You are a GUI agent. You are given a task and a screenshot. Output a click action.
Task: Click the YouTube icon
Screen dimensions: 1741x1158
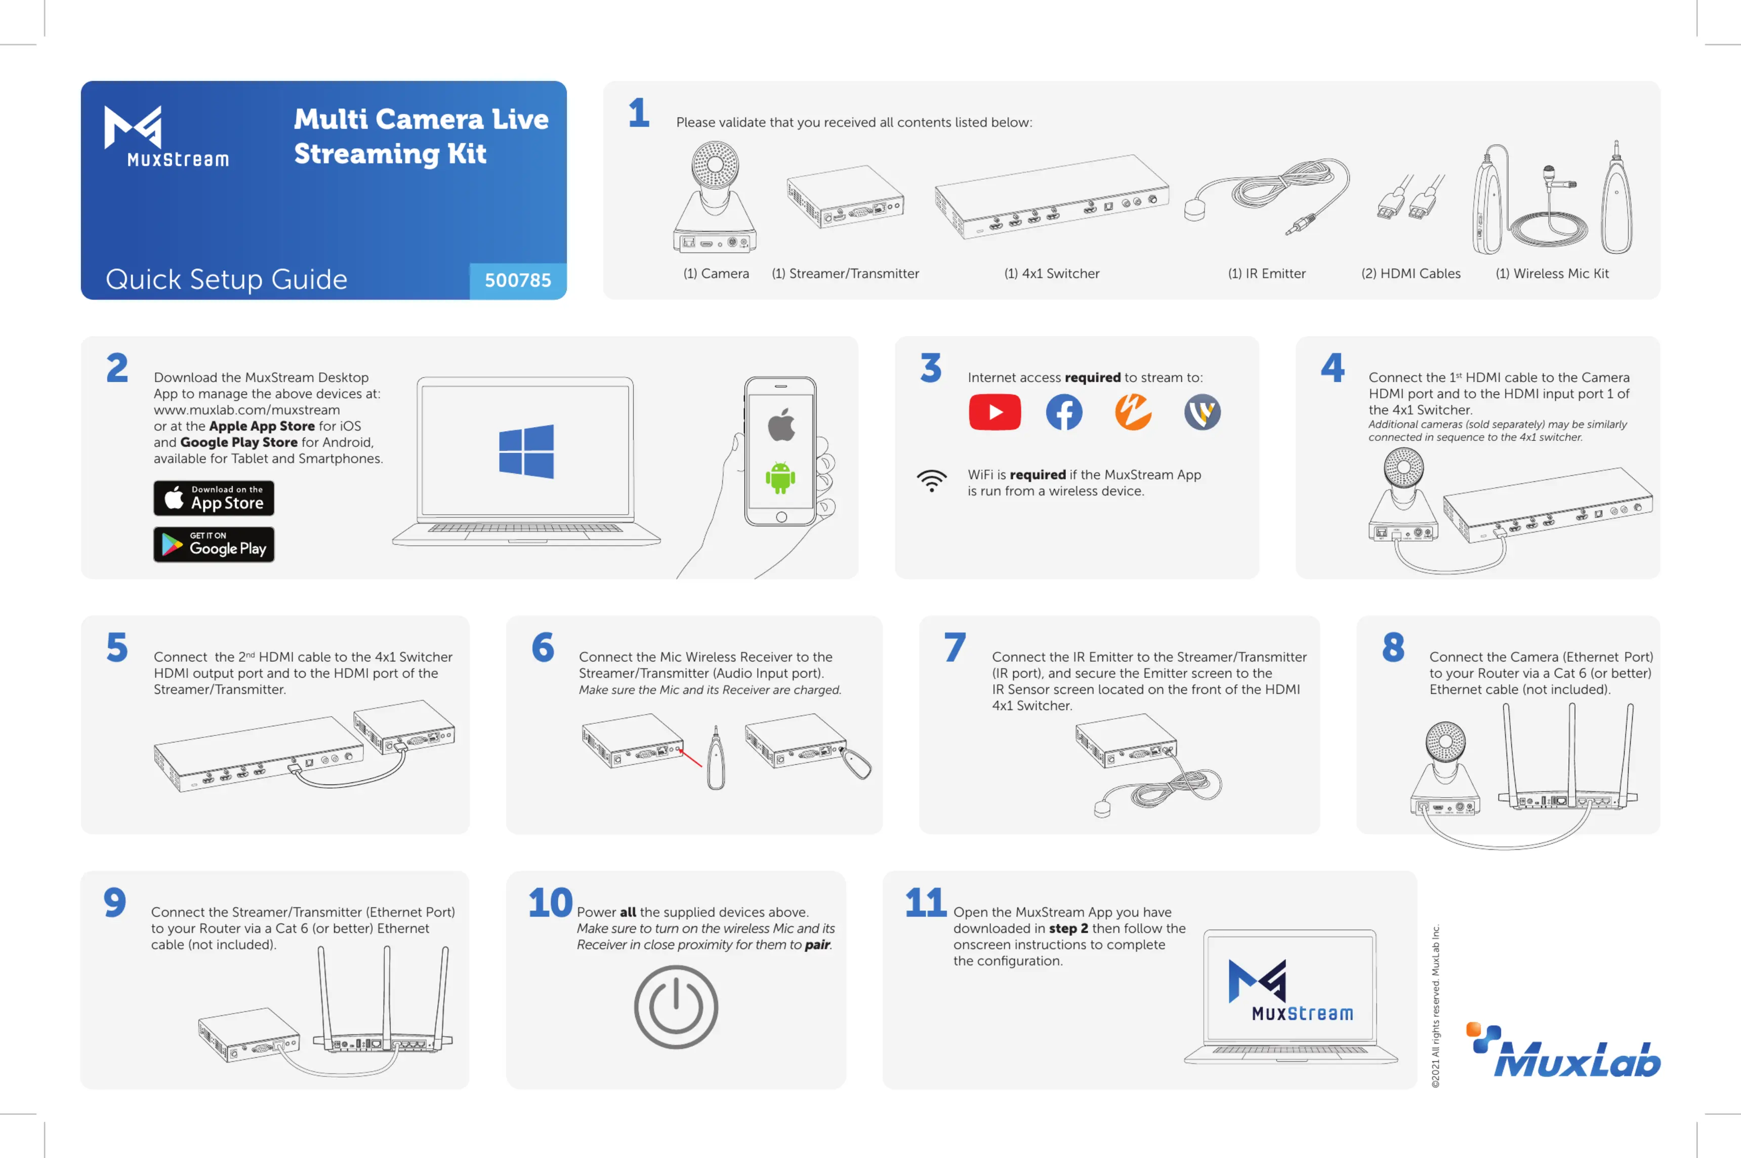(x=994, y=412)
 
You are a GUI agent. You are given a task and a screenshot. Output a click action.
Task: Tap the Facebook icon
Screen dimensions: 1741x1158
(x=1064, y=412)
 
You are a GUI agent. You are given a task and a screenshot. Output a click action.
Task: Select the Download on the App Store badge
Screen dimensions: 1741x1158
(x=214, y=499)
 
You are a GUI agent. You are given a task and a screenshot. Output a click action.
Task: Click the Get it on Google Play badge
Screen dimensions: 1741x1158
(x=214, y=544)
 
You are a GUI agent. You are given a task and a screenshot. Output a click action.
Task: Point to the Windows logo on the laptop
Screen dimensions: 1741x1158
(x=526, y=451)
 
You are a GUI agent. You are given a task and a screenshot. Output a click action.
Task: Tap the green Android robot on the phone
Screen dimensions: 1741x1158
(x=780, y=477)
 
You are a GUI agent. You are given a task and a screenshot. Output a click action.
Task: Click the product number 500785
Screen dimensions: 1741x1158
(x=518, y=280)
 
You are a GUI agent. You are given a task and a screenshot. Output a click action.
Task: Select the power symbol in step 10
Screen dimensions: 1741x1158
(x=676, y=1007)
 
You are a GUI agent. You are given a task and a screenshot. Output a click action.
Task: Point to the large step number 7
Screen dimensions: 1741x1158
(x=954, y=648)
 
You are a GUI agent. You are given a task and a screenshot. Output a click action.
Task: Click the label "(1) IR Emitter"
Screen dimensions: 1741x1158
(x=1266, y=274)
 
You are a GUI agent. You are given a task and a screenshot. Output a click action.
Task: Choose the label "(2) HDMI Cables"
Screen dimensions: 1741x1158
(x=1410, y=274)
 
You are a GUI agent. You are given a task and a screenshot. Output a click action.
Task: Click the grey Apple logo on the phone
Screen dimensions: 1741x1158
(x=781, y=425)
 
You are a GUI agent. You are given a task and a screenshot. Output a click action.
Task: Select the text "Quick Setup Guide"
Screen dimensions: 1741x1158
(x=226, y=280)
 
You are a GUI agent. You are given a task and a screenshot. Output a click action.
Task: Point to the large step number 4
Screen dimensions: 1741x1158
(x=1333, y=368)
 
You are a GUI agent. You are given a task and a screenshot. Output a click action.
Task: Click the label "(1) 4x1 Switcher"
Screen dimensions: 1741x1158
(x=1051, y=274)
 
